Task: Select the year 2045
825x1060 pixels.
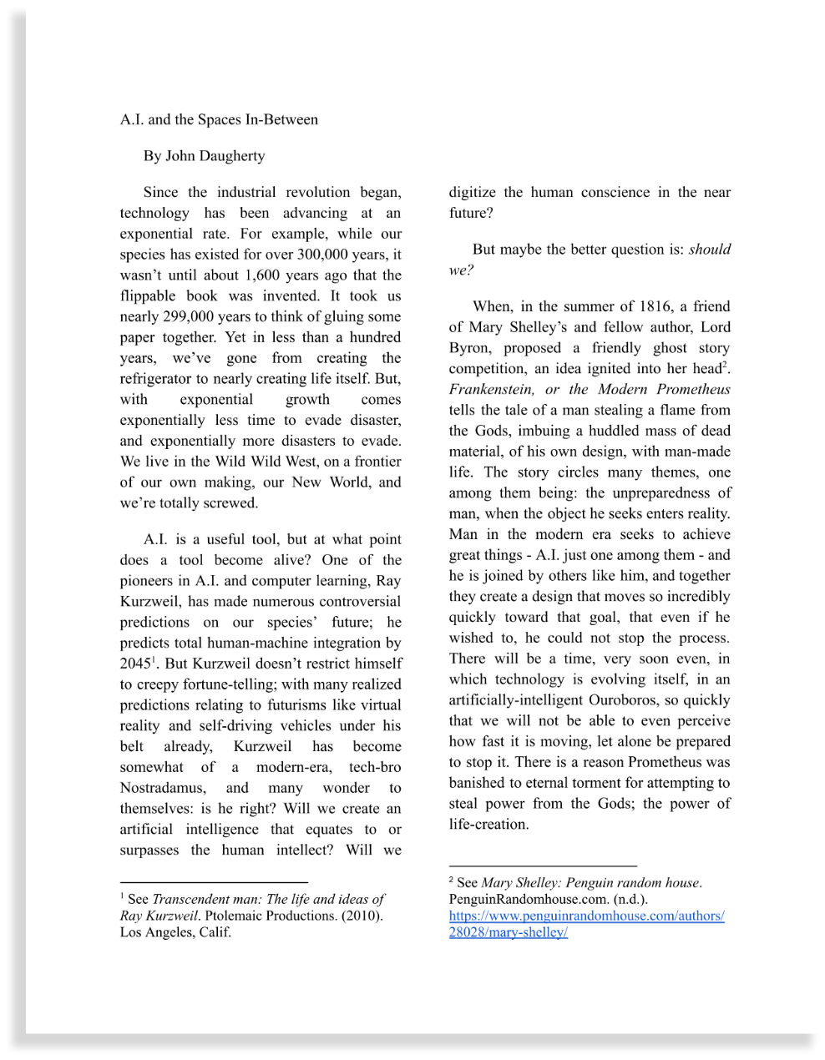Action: tap(134, 664)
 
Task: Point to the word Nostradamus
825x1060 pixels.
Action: tap(161, 788)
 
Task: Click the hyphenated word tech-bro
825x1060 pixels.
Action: tap(375, 767)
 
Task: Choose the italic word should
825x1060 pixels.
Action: tap(709, 250)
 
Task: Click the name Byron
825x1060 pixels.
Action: tap(468, 348)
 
